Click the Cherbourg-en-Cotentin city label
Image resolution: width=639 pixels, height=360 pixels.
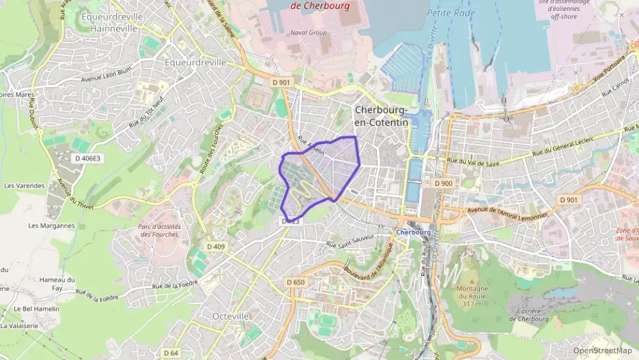381,115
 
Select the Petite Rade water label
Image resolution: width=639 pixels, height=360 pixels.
451,12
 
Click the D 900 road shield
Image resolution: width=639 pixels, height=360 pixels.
444,183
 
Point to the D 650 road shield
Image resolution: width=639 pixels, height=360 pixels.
296,282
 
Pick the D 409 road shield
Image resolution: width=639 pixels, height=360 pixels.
216,247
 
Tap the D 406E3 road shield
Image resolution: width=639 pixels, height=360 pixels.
87,158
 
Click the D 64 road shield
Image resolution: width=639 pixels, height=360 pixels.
171,353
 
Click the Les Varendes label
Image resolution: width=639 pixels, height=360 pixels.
24,185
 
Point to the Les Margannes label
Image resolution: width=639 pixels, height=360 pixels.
51,225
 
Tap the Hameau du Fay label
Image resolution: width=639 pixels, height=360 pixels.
57,283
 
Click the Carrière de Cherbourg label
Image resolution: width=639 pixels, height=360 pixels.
529,314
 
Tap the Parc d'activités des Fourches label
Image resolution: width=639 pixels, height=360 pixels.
158,230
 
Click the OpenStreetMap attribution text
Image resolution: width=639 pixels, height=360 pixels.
602,350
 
